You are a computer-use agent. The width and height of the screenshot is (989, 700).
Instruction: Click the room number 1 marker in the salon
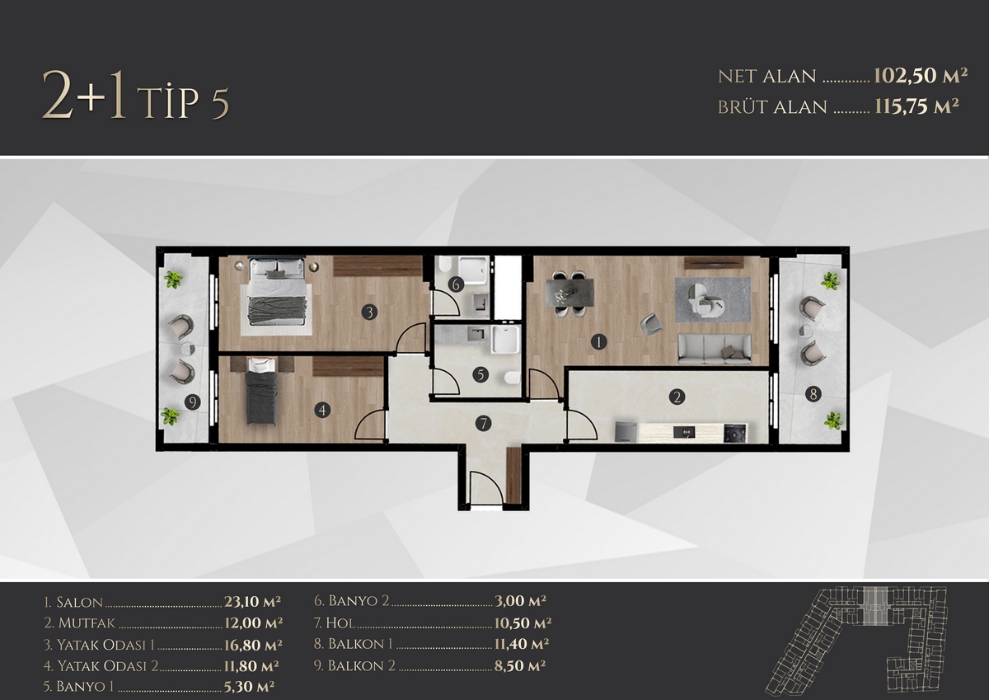[x=598, y=342]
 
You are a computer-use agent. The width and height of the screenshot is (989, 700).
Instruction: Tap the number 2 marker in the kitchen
[x=677, y=397]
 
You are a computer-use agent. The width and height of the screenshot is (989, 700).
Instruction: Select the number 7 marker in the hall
[x=484, y=424]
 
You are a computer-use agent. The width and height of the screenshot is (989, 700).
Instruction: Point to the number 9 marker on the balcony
[x=193, y=402]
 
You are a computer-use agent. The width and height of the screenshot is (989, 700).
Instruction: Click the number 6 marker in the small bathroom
[x=456, y=284]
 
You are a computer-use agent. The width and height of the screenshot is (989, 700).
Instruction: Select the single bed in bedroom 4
[x=262, y=392]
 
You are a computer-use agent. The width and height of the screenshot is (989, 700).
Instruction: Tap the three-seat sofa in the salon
[x=715, y=349]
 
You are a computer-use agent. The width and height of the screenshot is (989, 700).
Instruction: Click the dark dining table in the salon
[x=569, y=293]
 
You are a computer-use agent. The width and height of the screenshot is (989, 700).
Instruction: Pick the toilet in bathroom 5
[x=513, y=378]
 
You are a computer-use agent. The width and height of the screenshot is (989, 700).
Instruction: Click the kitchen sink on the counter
[x=684, y=431]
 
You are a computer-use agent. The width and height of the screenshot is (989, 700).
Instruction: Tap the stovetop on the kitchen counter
[x=735, y=432]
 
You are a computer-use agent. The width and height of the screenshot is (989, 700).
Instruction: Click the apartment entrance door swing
[x=485, y=487]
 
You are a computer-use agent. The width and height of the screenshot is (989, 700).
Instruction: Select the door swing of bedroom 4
[x=370, y=424]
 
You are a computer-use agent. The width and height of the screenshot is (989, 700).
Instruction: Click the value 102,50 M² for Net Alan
[x=920, y=76]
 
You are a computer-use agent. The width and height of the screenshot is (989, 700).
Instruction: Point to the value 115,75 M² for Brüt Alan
[x=916, y=107]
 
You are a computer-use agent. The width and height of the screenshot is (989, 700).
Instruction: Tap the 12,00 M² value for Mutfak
[x=254, y=622]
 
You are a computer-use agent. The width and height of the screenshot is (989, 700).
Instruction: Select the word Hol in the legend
[x=340, y=622]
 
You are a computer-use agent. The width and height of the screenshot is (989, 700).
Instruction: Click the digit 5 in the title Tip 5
[x=220, y=104]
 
